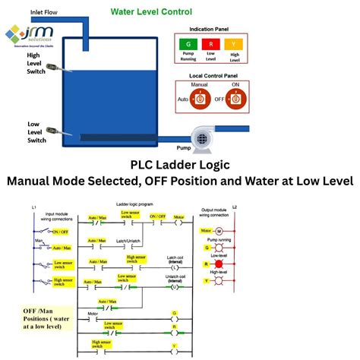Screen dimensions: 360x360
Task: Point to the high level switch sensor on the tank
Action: (54, 69)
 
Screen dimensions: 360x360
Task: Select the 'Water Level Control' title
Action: (151, 12)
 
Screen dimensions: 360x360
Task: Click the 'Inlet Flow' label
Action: (44, 11)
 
